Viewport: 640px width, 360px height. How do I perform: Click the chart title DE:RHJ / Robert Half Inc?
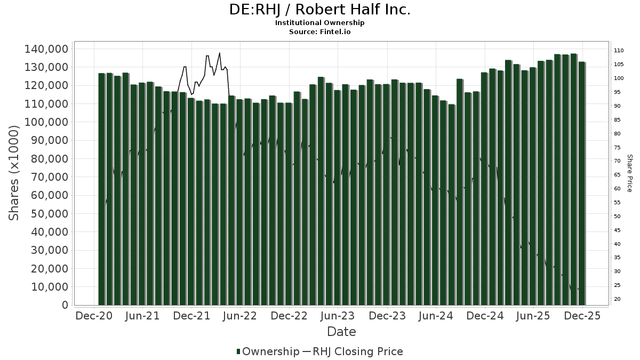point(320,10)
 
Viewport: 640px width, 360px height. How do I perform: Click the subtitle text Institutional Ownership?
point(320,23)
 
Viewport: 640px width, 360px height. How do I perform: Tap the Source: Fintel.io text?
point(320,32)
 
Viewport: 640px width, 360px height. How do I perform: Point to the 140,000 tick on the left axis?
point(46,49)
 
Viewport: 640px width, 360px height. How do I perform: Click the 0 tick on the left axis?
point(65,305)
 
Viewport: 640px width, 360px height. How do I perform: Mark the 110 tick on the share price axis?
point(619,51)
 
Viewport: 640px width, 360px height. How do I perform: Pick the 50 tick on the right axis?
point(617,217)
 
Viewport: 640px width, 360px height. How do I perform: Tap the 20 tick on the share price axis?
point(617,299)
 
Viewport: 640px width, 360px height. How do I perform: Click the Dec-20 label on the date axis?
point(94,316)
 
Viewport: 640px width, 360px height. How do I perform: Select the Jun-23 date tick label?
point(338,316)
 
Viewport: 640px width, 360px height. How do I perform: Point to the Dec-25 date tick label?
point(582,316)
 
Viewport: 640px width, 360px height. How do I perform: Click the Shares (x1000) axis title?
point(14,173)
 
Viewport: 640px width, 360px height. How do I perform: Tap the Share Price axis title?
point(629,173)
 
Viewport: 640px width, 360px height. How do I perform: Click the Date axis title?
point(341,332)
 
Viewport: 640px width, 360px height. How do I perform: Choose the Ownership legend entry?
point(268,351)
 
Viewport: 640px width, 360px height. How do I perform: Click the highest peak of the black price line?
point(219,53)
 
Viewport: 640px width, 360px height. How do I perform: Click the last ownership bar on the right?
point(582,183)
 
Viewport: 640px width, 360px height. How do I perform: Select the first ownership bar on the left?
point(102,189)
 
